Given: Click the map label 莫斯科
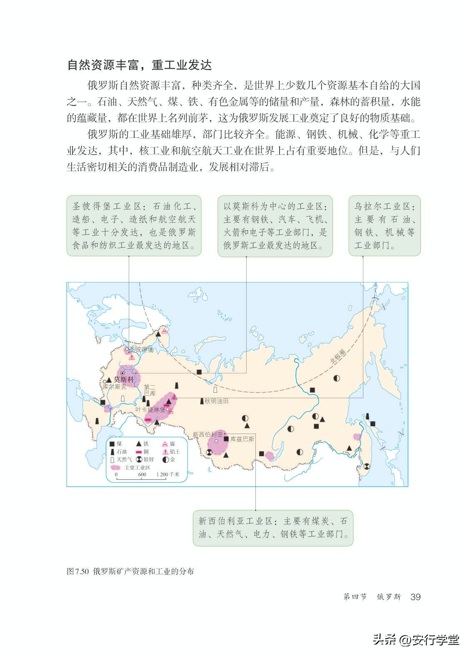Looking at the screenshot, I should (125, 380).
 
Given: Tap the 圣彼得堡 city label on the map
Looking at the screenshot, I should (142, 349).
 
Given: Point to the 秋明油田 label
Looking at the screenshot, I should (217, 401).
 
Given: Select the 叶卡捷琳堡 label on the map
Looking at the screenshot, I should (150, 409).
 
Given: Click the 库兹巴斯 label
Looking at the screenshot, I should (242, 439).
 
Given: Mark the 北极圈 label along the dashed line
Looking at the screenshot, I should (338, 357).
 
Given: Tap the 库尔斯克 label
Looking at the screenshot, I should (114, 387).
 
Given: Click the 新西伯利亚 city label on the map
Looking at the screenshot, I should (207, 434).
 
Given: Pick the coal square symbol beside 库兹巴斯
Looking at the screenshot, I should (226, 439).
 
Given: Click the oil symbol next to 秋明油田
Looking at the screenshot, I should (202, 401).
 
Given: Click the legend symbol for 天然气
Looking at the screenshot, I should (112, 459).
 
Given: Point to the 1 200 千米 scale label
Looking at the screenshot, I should (168, 474).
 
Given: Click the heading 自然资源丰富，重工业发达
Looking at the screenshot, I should (140, 65).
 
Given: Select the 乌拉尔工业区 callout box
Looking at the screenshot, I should (384, 226).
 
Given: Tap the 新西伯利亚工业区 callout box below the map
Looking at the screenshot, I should (272, 528).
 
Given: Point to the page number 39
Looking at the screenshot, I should (415, 597).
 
